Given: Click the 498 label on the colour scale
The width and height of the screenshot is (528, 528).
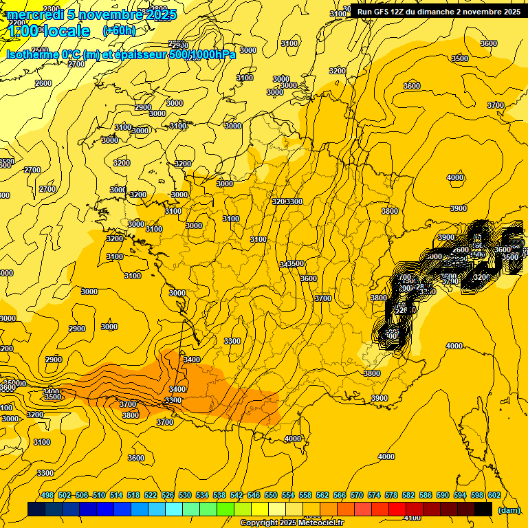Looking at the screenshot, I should point(47,495).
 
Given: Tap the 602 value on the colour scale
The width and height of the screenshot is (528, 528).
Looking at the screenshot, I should point(494,495).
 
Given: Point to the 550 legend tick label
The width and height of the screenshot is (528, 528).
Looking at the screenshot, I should point(271,495).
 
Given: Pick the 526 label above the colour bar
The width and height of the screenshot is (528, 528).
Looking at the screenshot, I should point(168,495).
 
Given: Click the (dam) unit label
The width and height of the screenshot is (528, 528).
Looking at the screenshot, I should point(509,510).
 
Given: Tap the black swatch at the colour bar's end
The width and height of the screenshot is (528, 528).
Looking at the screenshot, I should point(483,509).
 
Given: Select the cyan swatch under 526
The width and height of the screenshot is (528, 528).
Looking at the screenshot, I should point(174,509).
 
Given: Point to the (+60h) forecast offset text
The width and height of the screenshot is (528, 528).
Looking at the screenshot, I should point(119,30).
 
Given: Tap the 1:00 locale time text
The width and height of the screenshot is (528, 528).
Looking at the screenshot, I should point(49,31).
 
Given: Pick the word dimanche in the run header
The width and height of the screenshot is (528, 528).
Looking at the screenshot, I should point(434,12).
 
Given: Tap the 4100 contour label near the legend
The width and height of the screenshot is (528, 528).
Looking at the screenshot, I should point(412,518).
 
